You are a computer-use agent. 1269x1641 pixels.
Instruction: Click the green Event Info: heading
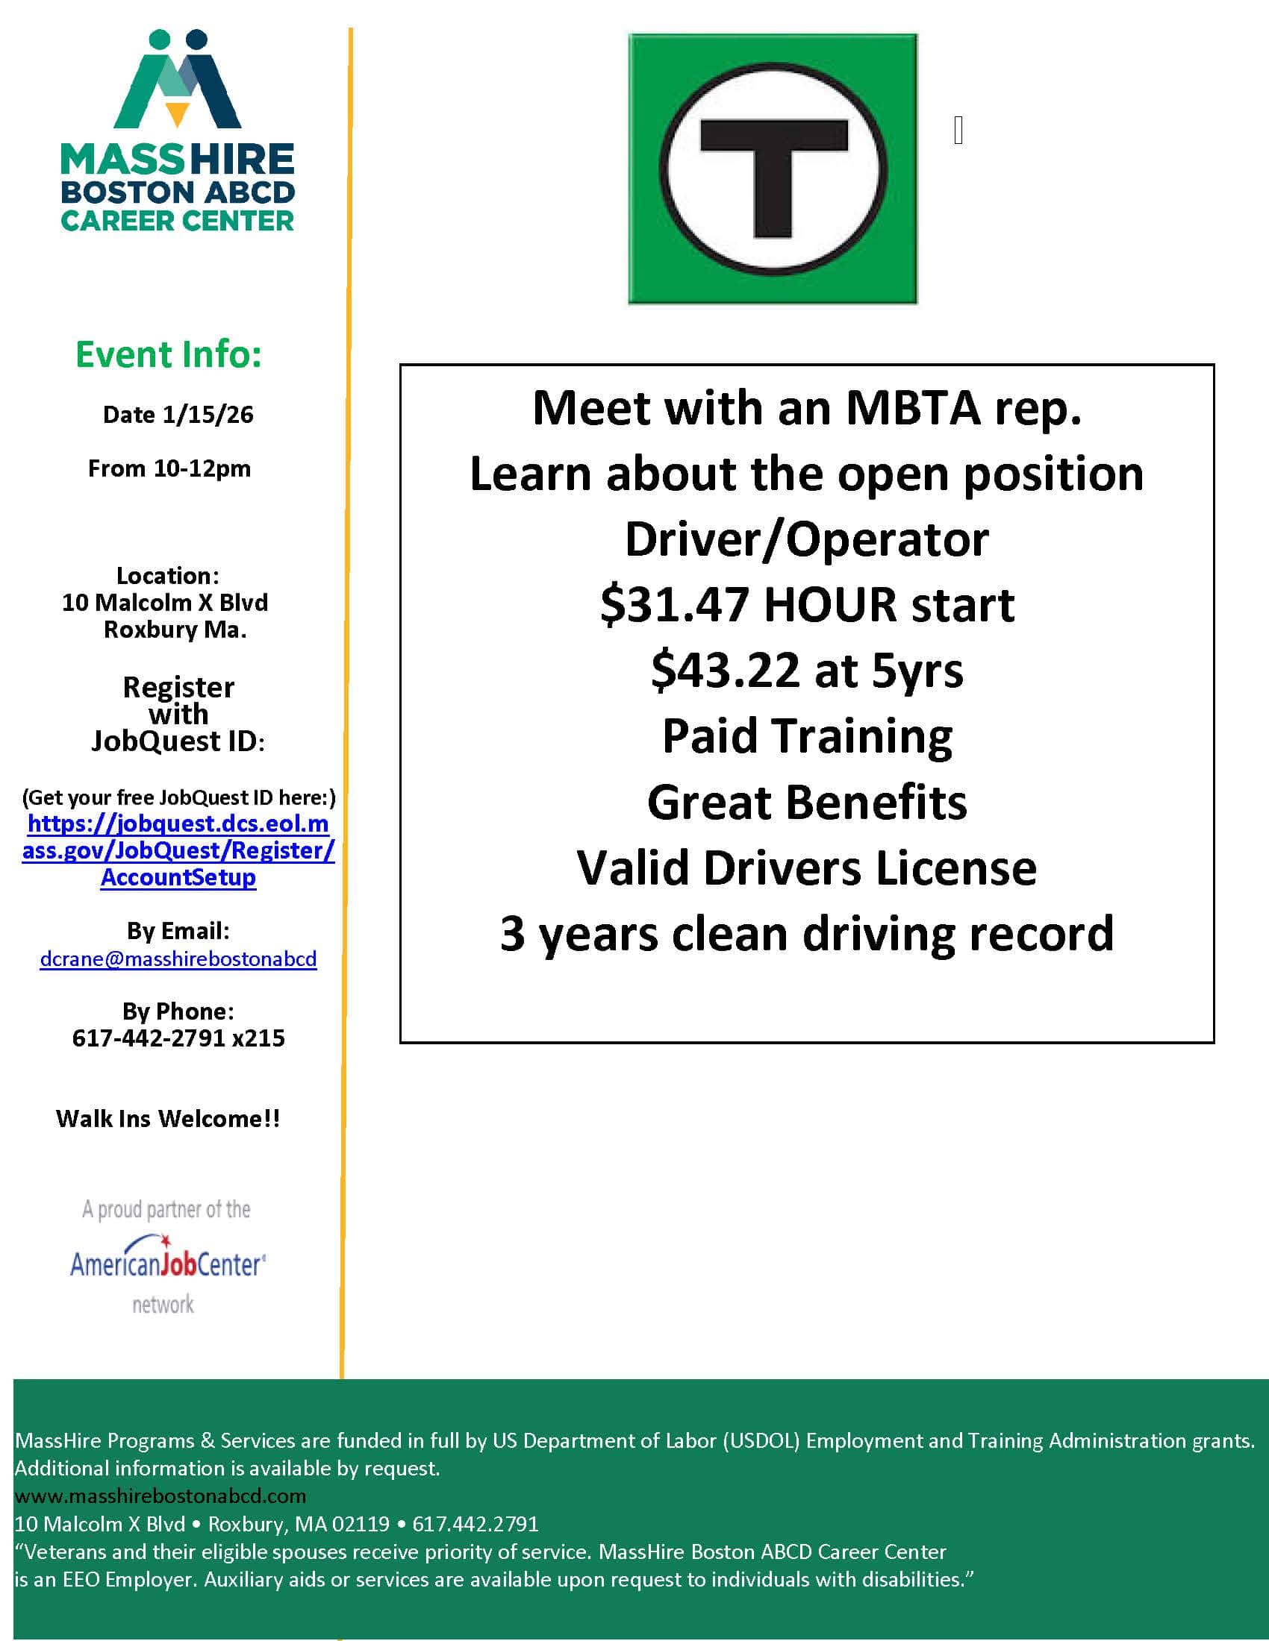[x=169, y=354]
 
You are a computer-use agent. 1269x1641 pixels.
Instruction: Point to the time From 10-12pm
[x=169, y=469]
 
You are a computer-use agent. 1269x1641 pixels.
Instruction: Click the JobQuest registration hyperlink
[x=178, y=850]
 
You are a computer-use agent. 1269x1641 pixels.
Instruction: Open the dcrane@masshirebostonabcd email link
[x=178, y=959]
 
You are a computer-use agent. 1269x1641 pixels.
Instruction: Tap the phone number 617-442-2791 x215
[x=178, y=1038]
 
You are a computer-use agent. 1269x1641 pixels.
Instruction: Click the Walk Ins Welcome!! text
[x=168, y=1119]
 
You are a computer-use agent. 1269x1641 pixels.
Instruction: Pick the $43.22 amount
[x=726, y=671]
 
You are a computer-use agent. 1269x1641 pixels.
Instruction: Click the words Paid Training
[x=807, y=735]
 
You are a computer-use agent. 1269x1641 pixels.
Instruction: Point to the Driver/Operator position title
[x=807, y=539]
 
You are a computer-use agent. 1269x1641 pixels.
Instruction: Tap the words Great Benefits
[x=807, y=802]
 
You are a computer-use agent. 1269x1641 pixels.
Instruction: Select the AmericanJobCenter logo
[x=168, y=1264]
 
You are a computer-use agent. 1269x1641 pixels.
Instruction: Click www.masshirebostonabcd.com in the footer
[x=160, y=1496]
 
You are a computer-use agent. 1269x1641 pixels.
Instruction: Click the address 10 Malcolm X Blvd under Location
[x=165, y=603]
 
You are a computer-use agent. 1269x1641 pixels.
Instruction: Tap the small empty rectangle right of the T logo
[x=958, y=131]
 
